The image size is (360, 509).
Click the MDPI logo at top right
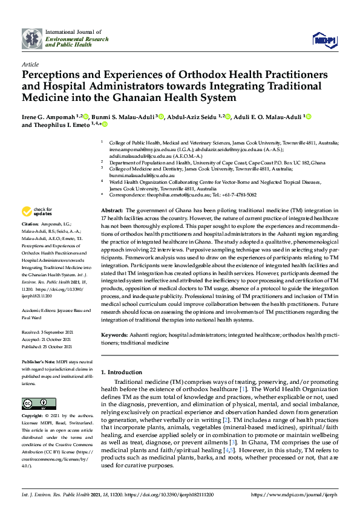pyautogui.click(x=324, y=40)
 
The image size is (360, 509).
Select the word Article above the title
pyautogui.click(x=30, y=63)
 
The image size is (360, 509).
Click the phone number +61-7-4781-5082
pyautogui.click(x=235, y=195)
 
